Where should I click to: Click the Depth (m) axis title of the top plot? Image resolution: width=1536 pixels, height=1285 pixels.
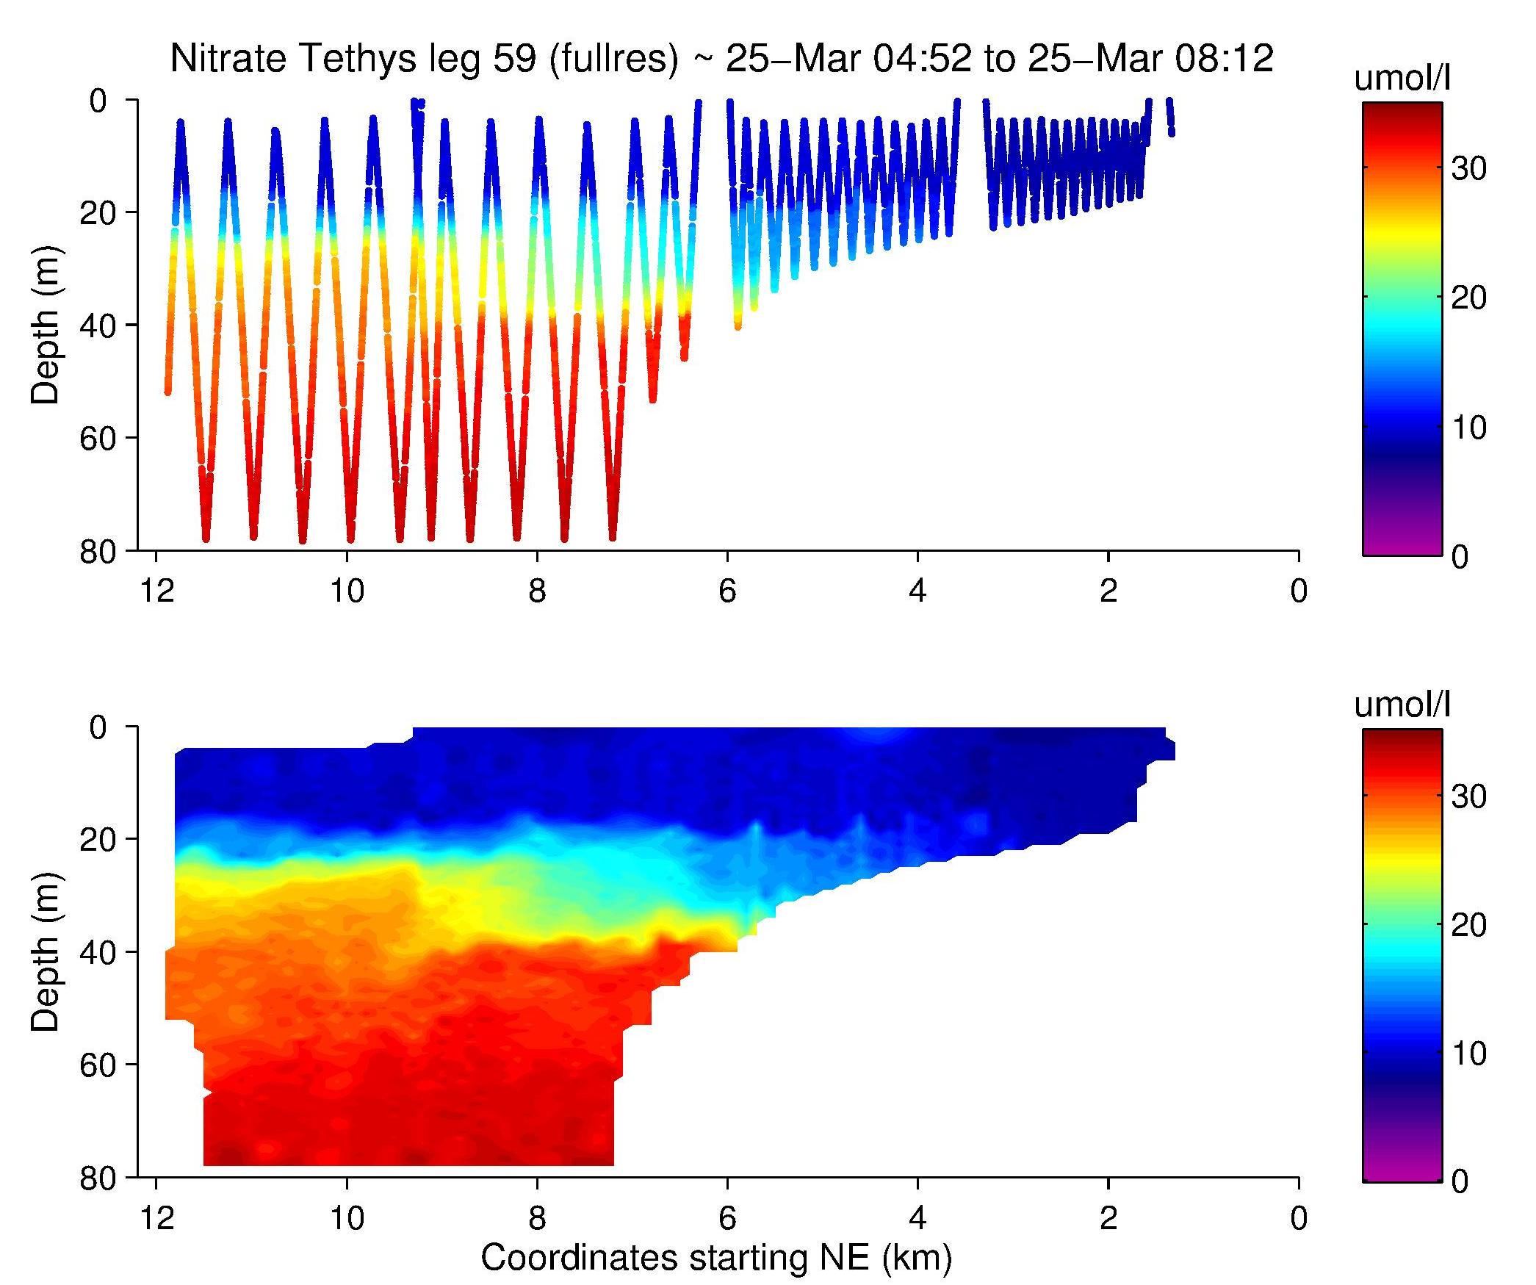[46, 325]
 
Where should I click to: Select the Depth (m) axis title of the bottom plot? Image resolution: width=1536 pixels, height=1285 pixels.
[46, 952]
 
